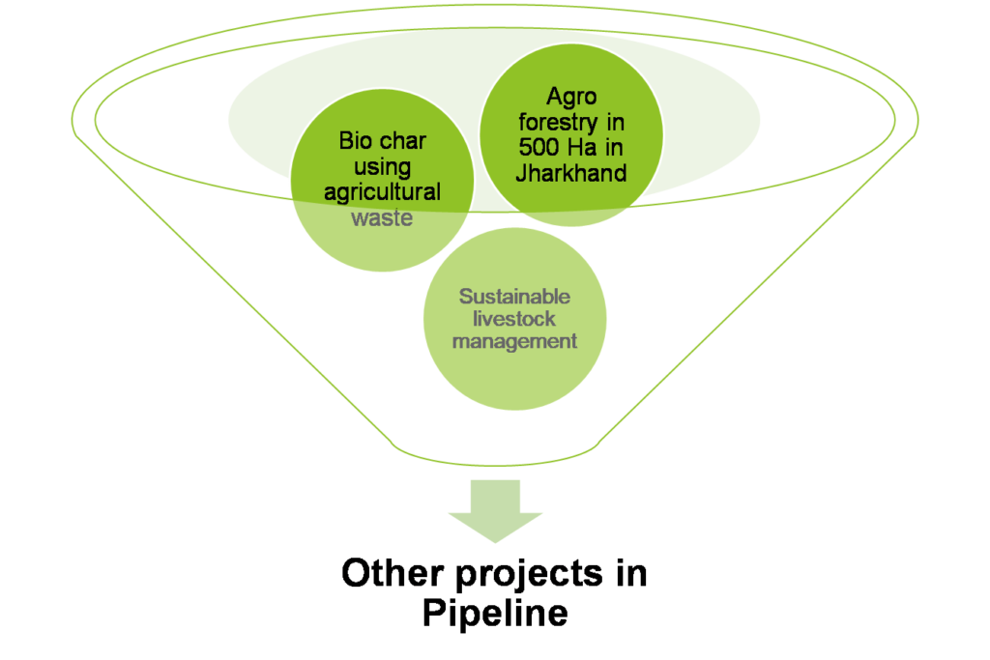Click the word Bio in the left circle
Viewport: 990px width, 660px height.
pos(355,142)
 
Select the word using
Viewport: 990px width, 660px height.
pos(382,167)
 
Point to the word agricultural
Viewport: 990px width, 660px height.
pos(382,192)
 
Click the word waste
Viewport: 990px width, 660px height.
pos(382,217)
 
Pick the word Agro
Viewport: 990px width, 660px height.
pos(571,98)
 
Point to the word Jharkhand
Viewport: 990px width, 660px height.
pos(571,174)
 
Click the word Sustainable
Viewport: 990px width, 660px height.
pos(514,297)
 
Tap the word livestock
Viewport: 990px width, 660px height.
pos(514,319)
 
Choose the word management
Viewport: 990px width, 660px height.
pos(514,341)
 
